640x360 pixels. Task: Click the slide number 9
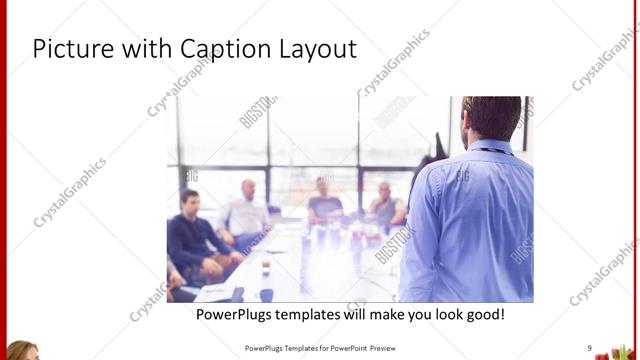pos(590,348)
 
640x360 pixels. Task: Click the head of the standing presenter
pos(491,118)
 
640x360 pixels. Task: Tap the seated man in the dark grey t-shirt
pos(324,203)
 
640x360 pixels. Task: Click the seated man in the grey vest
pos(385,206)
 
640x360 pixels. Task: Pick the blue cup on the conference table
pos(265,294)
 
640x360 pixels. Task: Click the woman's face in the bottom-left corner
pos(22,352)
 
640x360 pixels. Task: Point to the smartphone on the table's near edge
pos(237,294)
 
